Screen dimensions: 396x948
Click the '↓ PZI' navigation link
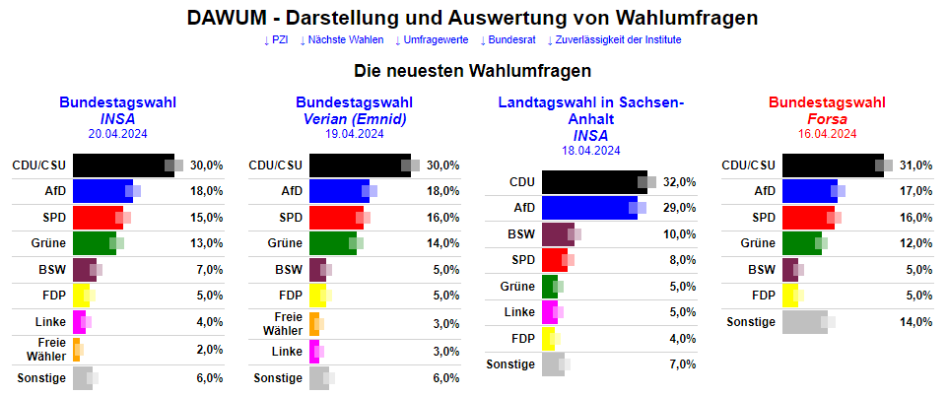coord(275,40)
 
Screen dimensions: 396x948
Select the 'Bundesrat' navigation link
coord(507,40)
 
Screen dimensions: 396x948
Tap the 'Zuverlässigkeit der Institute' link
coord(614,40)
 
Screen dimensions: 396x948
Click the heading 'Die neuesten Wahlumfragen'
coord(473,71)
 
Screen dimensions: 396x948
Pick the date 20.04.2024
coord(117,134)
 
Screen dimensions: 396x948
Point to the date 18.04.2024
coord(590,151)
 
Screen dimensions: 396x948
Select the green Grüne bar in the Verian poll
coord(332,243)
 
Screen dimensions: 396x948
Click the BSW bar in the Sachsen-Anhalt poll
coord(558,234)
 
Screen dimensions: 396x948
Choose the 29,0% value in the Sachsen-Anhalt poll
coord(680,209)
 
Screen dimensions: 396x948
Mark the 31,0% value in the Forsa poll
coord(916,165)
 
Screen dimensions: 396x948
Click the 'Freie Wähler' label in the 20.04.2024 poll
coord(51,348)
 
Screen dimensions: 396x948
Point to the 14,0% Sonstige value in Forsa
coord(916,322)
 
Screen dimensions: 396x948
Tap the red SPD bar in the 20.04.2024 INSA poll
coord(98,218)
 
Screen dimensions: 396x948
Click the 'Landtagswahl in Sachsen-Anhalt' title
coord(590,110)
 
